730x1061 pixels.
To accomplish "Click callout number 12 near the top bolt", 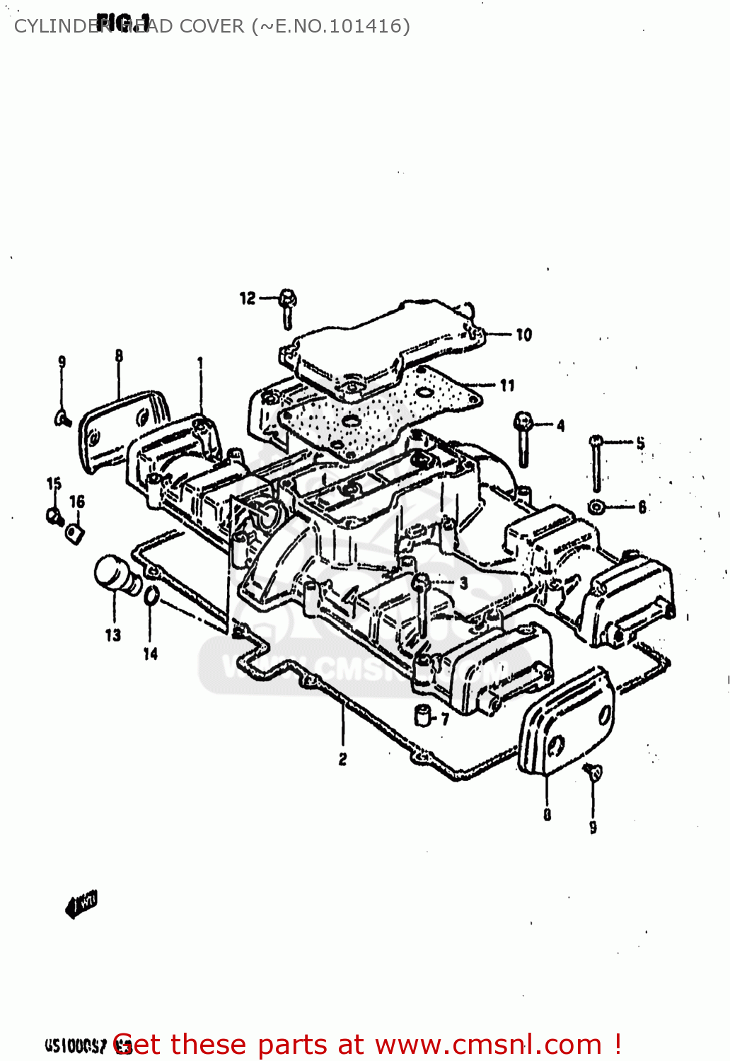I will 247,298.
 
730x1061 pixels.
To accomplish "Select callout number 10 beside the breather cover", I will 523,335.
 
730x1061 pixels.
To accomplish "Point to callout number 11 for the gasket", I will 507,385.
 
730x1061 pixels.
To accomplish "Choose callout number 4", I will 560,425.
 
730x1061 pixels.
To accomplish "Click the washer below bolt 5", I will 596,506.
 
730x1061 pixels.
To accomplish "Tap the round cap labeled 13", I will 115,574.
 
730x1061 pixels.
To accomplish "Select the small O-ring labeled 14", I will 151,597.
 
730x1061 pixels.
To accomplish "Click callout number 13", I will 113,635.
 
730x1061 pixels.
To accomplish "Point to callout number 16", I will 77,501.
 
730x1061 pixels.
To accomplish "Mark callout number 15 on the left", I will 54,484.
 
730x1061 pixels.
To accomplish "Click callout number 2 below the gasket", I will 342,759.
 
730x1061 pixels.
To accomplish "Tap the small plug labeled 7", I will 423,716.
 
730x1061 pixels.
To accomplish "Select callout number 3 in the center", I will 463,584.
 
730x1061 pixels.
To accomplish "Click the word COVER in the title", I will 211,26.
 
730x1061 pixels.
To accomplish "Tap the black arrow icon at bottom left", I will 81,904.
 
